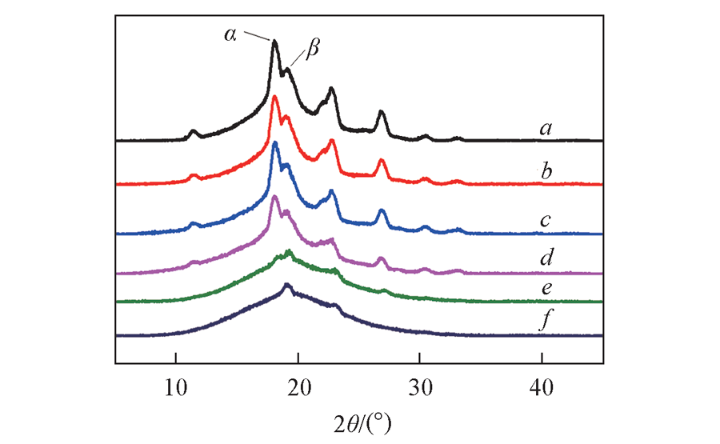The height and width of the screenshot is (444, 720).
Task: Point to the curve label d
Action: tap(548, 258)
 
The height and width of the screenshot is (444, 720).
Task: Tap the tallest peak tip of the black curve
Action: tap(275, 41)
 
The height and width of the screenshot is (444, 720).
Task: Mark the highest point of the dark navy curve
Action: tap(288, 285)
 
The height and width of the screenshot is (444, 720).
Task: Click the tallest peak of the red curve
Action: tap(275, 97)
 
